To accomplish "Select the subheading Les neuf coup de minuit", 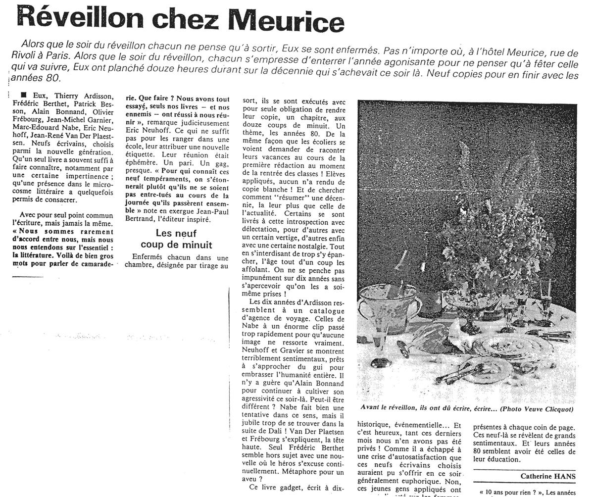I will (x=176, y=239).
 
